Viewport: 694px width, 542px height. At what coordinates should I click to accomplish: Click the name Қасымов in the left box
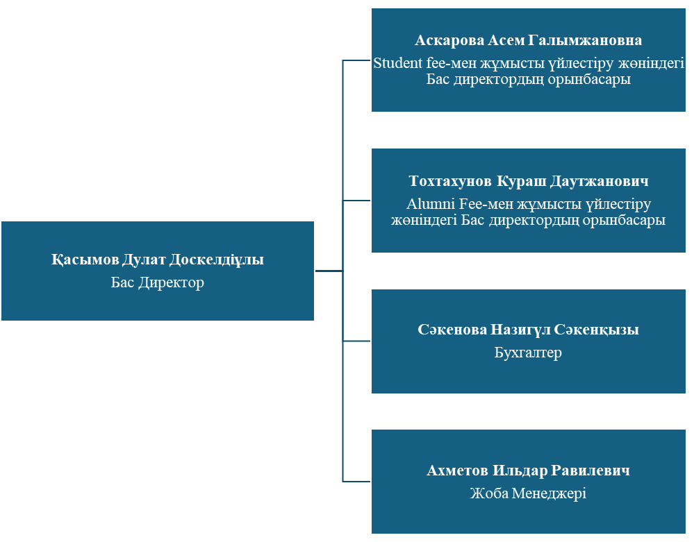(x=85, y=260)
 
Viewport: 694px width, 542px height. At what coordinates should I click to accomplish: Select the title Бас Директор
(x=158, y=282)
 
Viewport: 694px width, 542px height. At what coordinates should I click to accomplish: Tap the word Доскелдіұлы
(x=217, y=260)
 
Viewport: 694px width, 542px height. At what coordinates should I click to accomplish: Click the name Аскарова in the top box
(x=449, y=40)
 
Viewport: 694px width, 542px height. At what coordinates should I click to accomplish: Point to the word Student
(x=398, y=62)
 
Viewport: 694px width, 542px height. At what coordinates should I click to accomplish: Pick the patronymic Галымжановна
(x=585, y=40)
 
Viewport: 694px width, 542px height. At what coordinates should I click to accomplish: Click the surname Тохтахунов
(x=450, y=181)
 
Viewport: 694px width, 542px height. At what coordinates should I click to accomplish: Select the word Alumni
(x=431, y=204)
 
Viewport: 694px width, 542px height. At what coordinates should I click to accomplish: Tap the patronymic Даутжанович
(x=600, y=181)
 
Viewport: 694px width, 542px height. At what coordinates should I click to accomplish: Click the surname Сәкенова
(x=452, y=330)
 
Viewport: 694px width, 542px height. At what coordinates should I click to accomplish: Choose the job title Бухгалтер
(x=528, y=353)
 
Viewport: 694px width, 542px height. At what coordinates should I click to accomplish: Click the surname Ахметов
(x=458, y=471)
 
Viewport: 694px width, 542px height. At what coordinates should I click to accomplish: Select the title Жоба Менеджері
(x=528, y=493)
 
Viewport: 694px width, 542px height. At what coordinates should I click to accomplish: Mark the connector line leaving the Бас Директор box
(x=329, y=271)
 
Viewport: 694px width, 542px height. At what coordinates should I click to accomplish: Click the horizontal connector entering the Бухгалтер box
(x=357, y=341)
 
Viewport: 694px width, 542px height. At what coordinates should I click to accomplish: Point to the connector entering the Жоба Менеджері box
(x=357, y=482)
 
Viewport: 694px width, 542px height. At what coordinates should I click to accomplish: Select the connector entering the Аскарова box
(x=357, y=60)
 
